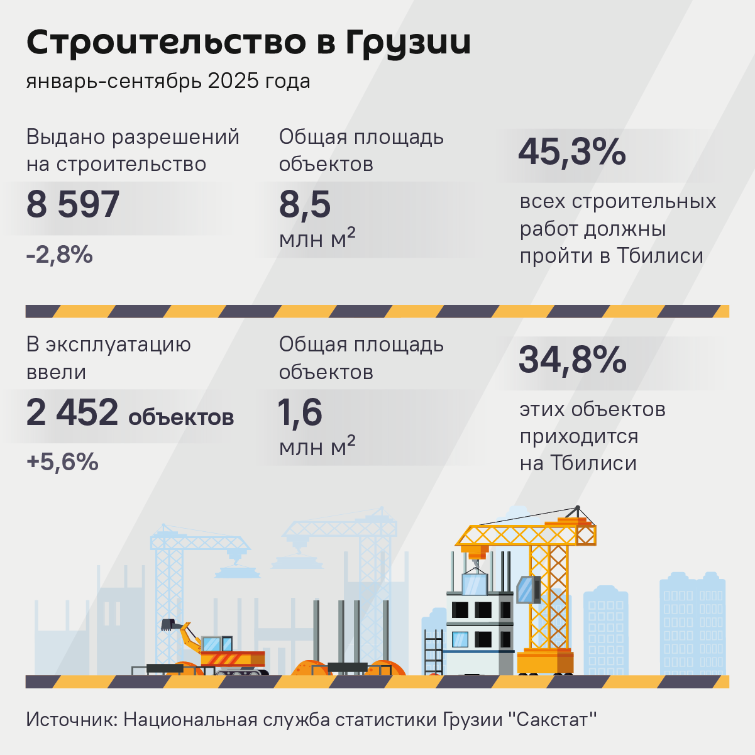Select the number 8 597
coord(73,205)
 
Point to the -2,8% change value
coord(60,255)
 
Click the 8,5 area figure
coord(305,205)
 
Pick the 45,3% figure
coord(572,152)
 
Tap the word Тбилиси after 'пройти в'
coord(659,256)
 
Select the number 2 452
coord(72,413)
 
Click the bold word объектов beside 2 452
coord(181,417)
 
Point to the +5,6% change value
coord(62,462)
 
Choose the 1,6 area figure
coord(300,413)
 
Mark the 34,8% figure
coord(573,360)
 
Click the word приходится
coord(579,436)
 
